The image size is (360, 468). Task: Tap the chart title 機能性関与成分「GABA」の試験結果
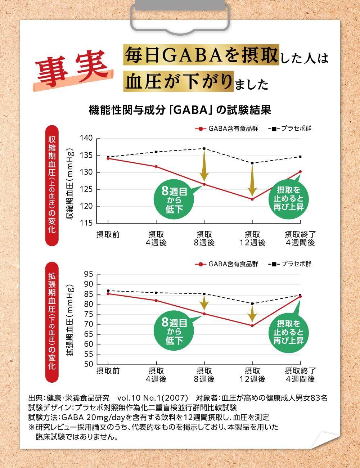[x=180, y=110]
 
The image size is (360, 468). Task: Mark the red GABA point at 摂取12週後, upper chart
[x=252, y=199]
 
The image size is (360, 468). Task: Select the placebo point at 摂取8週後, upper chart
[x=204, y=148]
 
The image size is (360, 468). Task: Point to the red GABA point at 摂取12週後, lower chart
[x=252, y=326]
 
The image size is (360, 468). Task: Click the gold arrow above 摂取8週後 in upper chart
[x=204, y=166]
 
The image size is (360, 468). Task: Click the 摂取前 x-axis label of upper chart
[x=108, y=234]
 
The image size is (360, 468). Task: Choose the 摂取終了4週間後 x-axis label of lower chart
[x=300, y=374]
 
